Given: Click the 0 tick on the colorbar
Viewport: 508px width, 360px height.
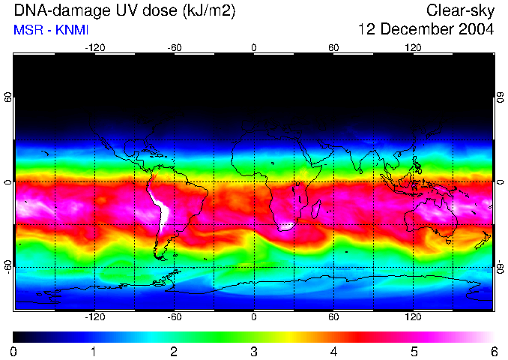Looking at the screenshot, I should (13, 351).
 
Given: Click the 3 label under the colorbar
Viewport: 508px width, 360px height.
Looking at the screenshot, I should (253, 351).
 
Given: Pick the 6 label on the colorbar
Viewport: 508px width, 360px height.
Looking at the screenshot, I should (493, 351).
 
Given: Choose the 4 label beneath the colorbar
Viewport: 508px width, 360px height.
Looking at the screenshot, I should (333, 351).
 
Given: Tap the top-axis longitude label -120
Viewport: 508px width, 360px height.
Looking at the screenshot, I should (94, 48).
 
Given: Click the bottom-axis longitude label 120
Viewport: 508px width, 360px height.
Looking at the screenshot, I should (414, 316).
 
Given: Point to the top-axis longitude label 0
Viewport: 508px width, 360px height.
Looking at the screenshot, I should (254, 48).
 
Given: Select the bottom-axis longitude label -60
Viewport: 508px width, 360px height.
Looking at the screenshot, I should (174, 316).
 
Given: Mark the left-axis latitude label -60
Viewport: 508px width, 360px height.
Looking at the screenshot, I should (7, 267).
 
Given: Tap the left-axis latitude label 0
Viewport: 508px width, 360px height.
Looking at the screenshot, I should (7, 182).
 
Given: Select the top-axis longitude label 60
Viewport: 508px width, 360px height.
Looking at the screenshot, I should (333, 48).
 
